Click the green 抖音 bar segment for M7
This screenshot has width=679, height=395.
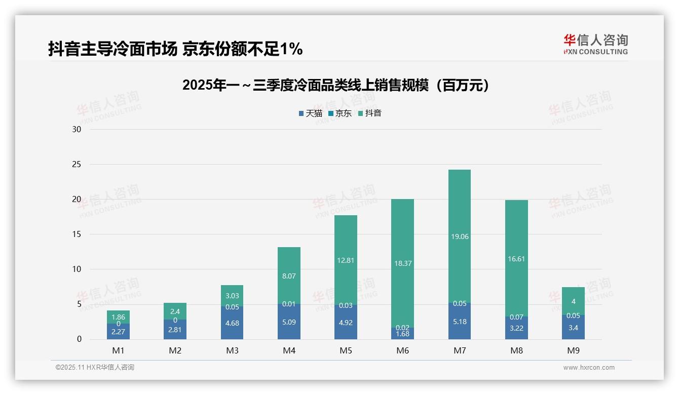[460, 213]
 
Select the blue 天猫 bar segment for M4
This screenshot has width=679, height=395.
[289, 322]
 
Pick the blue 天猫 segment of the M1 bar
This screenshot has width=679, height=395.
[118, 332]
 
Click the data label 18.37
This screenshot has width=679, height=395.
[403, 263]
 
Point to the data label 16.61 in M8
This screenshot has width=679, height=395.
[516, 259]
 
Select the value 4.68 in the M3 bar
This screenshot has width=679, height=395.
[232, 324]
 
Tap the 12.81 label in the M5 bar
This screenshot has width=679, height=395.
[346, 260]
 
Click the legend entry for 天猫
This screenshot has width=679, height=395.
[311, 113]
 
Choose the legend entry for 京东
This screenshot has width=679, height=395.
[340, 113]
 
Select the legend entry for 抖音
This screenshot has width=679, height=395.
[370, 113]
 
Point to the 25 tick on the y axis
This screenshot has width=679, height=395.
[77, 164]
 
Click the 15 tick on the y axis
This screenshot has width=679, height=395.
[77, 234]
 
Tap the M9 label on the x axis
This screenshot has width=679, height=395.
[573, 350]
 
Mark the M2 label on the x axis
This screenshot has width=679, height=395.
[175, 350]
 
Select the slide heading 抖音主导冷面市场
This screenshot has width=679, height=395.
[175, 49]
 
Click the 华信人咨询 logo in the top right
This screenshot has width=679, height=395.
[595, 45]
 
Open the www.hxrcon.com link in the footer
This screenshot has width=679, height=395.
[589, 368]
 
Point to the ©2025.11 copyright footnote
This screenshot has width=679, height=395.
[95, 368]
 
